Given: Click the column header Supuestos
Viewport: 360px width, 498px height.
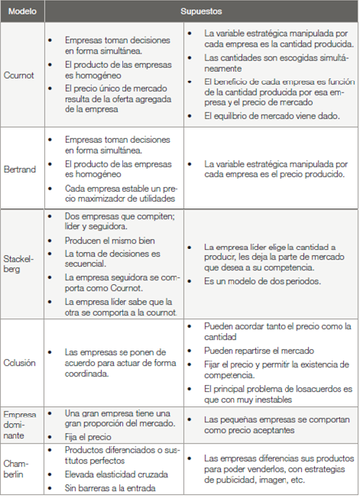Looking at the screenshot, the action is coord(201,12).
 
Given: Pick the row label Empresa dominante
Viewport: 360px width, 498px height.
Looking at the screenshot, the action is coord(20,425).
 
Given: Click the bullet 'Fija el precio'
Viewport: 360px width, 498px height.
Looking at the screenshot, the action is coord(89,437).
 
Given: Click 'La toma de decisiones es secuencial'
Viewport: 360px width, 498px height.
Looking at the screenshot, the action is coord(112,258).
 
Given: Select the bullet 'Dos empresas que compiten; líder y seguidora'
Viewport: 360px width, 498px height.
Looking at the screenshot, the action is coord(120,222).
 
